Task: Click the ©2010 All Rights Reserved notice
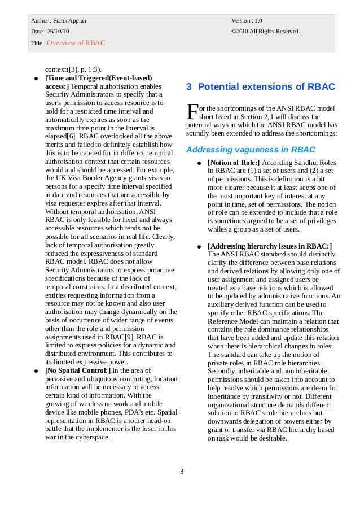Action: (265, 31)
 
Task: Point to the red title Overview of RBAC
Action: (76, 43)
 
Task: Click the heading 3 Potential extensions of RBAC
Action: (261, 87)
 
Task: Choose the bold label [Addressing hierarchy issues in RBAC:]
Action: (270, 246)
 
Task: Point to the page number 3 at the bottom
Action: (182, 472)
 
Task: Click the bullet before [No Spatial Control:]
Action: (36, 371)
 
